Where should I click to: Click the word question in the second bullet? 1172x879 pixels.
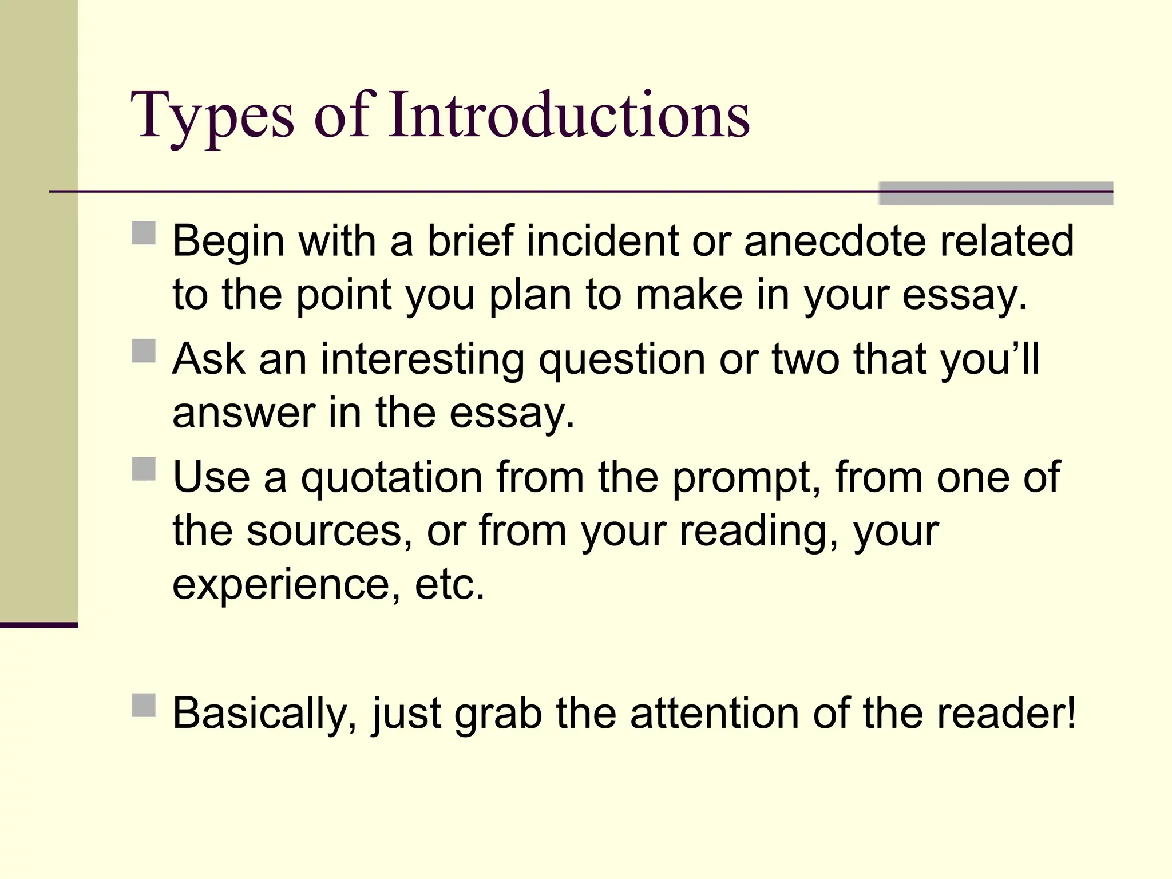coord(622,361)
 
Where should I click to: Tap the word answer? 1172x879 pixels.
coord(244,413)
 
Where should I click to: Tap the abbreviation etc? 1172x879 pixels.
coord(449,585)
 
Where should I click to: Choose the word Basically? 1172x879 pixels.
coord(265,714)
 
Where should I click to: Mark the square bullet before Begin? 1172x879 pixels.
coord(144,233)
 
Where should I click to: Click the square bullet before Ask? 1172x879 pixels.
coord(144,351)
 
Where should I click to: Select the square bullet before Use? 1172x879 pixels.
coord(144,469)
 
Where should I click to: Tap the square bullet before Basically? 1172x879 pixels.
coord(144,705)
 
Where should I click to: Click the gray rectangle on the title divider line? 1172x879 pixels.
coord(995,193)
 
